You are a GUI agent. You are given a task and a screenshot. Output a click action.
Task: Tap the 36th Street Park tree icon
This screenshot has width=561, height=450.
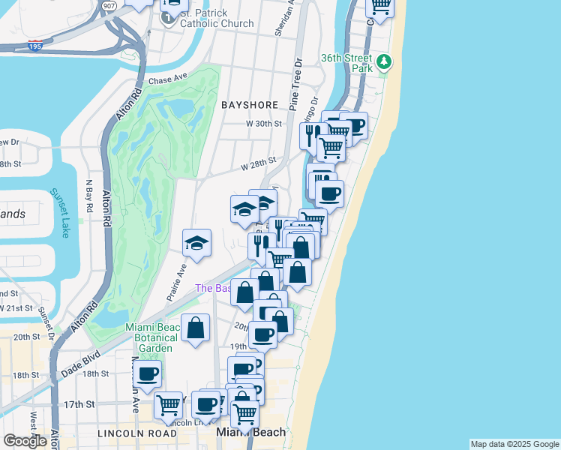click(385, 61)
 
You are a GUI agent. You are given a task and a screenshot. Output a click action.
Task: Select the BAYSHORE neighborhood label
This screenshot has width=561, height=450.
click(250, 106)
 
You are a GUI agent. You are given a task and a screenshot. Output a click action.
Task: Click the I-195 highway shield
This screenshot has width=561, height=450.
click(34, 45)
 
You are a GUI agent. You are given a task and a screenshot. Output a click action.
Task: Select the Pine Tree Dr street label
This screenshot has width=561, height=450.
click(296, 81)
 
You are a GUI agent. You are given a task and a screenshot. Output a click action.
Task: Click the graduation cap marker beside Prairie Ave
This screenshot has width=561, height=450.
click(196, 243)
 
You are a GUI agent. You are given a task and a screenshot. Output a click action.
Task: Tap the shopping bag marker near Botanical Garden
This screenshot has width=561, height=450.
click(195, 328)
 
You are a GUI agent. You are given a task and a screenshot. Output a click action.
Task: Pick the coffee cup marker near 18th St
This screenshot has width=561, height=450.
click(148, 373)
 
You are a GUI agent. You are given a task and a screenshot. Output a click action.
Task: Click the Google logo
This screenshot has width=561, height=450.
click(25, 441)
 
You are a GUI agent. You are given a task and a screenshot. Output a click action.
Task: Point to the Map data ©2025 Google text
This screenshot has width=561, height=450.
click(514, 444)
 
